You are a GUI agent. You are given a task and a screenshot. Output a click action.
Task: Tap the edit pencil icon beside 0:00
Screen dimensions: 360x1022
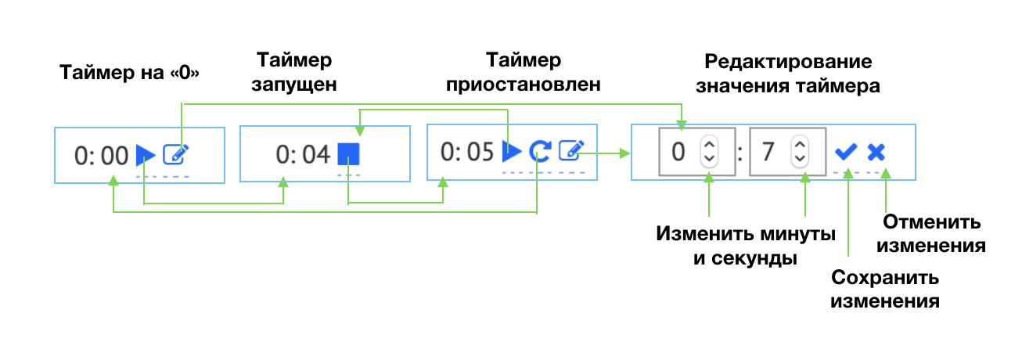175,155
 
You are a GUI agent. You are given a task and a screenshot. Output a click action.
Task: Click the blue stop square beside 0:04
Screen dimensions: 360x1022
348,154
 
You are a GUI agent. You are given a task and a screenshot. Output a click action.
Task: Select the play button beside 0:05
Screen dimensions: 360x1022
512,150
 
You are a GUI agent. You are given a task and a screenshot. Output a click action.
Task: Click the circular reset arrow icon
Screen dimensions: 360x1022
539,150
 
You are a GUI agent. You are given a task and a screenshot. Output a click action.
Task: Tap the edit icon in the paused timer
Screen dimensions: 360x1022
571,149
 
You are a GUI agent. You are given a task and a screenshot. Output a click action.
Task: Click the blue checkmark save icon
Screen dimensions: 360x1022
846,152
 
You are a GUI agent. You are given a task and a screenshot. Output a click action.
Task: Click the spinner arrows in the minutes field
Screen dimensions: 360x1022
709,151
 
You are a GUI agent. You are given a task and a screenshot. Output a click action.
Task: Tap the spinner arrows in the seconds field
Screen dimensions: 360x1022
799,151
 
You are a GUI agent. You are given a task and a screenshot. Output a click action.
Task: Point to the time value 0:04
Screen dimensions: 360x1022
303,155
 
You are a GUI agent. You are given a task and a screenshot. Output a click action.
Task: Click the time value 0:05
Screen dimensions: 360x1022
467,151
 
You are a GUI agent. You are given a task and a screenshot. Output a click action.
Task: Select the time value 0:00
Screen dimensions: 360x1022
101,156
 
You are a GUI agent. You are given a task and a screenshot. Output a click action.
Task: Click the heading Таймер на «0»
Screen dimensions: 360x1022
130,73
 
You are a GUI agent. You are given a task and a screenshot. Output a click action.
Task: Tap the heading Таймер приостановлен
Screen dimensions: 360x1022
524,72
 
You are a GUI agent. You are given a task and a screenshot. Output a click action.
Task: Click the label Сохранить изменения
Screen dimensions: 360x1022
885,289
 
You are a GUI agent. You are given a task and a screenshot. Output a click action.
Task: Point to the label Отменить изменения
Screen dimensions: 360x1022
930,233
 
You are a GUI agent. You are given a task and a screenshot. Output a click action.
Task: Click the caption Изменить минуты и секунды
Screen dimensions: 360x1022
746,247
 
